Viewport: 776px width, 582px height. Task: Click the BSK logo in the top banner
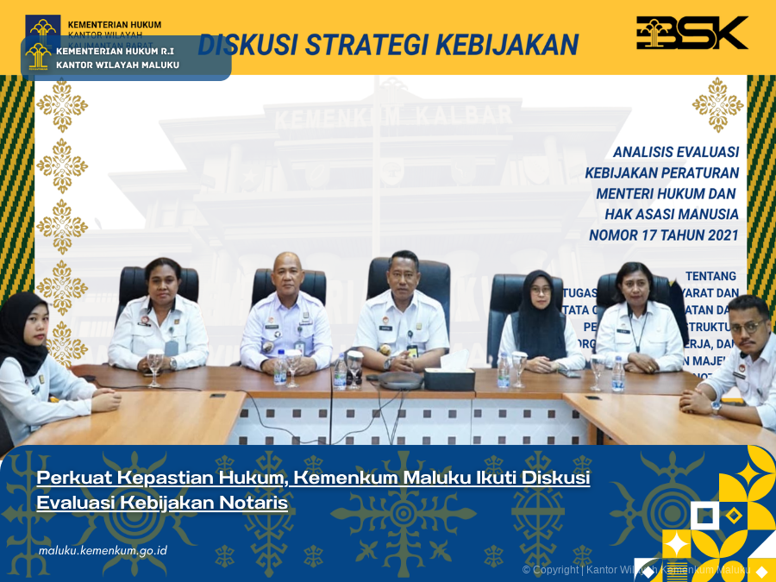692,33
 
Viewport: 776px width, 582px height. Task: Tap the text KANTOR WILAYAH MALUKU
117,65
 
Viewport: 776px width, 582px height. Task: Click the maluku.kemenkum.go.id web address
103,550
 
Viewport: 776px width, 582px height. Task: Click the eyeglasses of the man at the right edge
746,327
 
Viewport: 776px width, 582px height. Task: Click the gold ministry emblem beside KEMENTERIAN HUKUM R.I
38,57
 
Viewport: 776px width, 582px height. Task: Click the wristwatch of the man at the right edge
715,406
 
